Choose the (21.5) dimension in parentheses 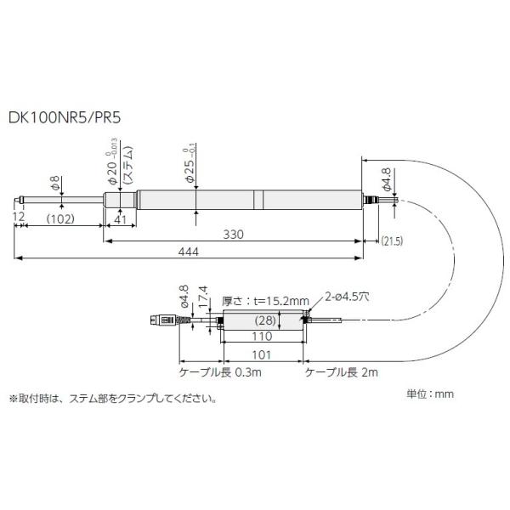[x=392, y=241]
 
